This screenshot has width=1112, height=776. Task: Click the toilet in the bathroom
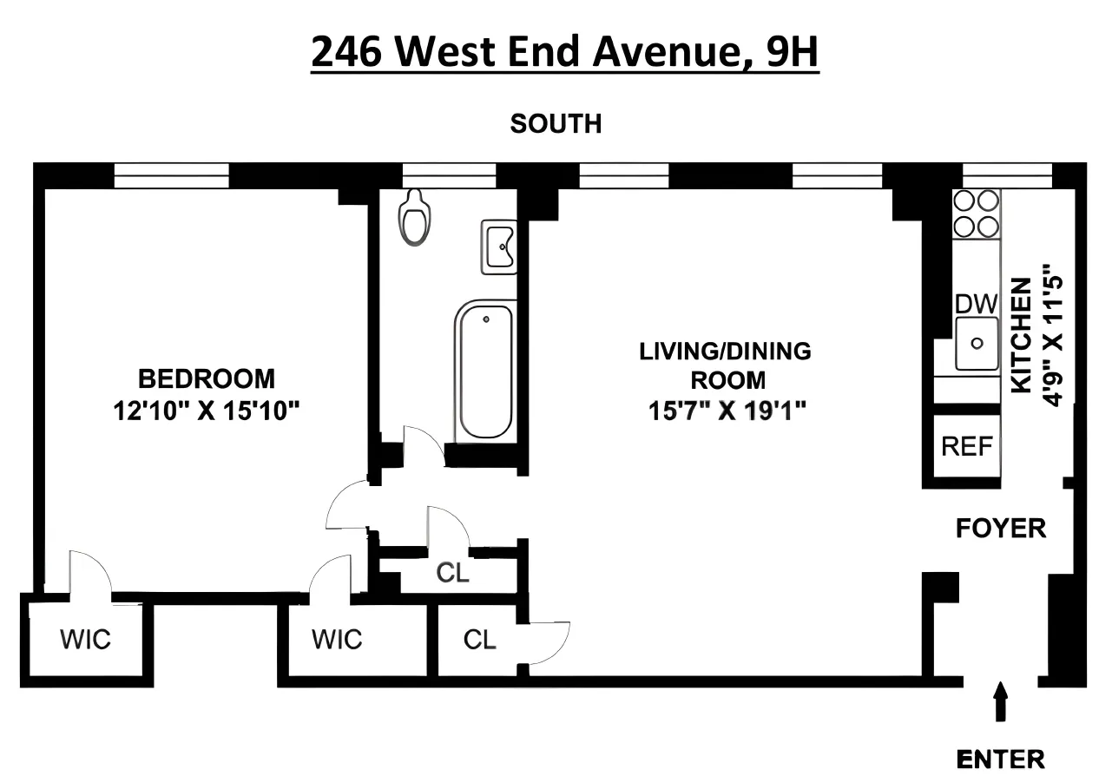(414, 218)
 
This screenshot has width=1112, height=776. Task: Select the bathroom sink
(500, 247)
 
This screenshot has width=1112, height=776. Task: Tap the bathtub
(485, 372)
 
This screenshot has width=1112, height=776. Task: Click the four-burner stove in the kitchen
(976, 214)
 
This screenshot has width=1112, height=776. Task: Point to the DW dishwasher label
(977, 304)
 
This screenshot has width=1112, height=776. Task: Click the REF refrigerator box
(966, 446)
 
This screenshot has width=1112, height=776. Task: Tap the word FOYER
(1000, 528)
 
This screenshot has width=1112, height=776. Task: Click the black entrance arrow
(1001, 700)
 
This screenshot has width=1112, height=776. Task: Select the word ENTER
(1000, 758)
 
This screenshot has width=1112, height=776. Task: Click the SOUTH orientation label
(556, 124)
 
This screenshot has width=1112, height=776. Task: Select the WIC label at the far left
(85, 641)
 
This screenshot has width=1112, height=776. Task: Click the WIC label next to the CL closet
(337, 641)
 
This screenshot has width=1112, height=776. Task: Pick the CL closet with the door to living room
(479, 641)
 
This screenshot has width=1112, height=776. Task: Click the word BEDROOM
(207, 379)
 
